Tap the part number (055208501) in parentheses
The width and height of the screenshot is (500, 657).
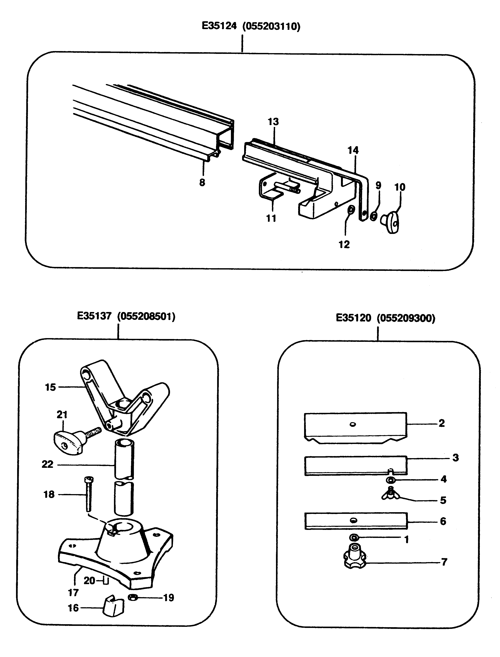146,316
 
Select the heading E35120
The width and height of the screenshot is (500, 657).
353,318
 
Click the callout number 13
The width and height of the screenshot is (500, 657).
273,122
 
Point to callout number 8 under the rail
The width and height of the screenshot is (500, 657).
202,182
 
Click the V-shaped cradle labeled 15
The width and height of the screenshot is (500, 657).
125,396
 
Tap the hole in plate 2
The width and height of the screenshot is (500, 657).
353,424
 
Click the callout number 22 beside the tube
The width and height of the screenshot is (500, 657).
48,464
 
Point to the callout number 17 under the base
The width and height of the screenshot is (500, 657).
73,593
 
